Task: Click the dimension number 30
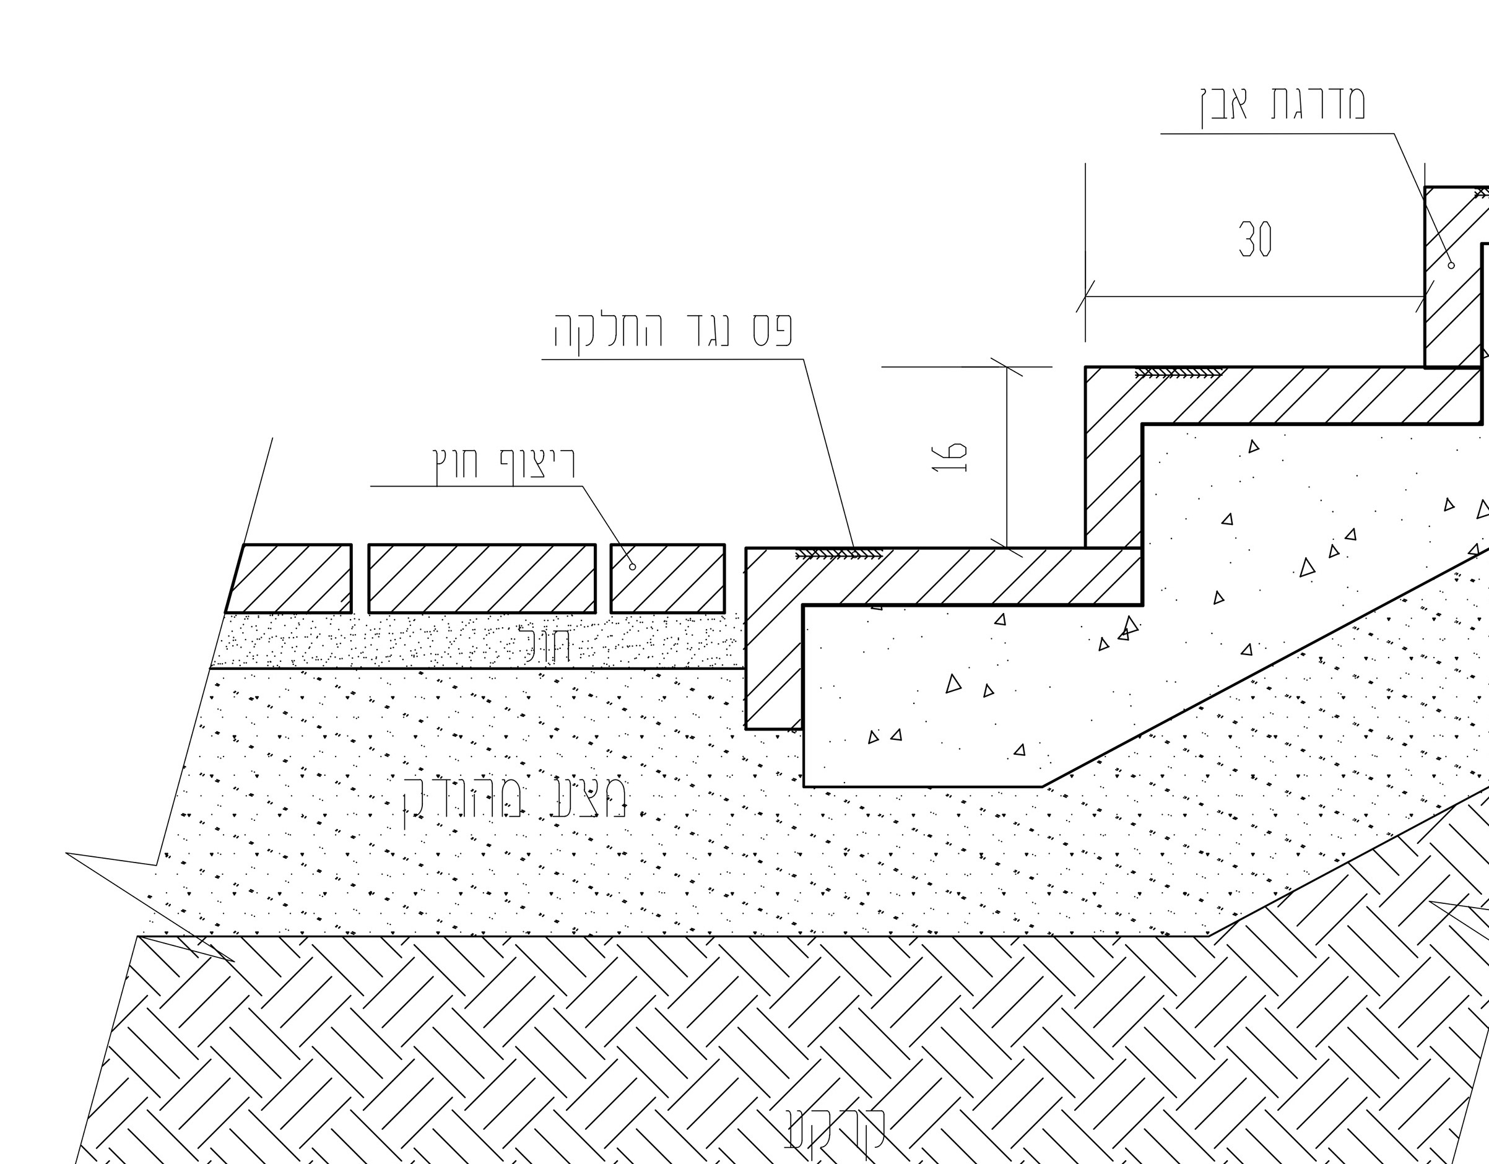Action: click(1254, 238)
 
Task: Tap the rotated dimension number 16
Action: click(949, 458)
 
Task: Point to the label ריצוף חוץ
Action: click(505, 463)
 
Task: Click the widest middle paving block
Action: click(481, 578)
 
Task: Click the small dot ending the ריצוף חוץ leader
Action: click(633, 567)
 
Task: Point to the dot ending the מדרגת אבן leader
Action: click(1451, 265)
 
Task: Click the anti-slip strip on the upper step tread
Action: click(1179, 373)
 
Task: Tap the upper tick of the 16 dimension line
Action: click(1007, 367)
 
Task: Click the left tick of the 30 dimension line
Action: click(1085, 297)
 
